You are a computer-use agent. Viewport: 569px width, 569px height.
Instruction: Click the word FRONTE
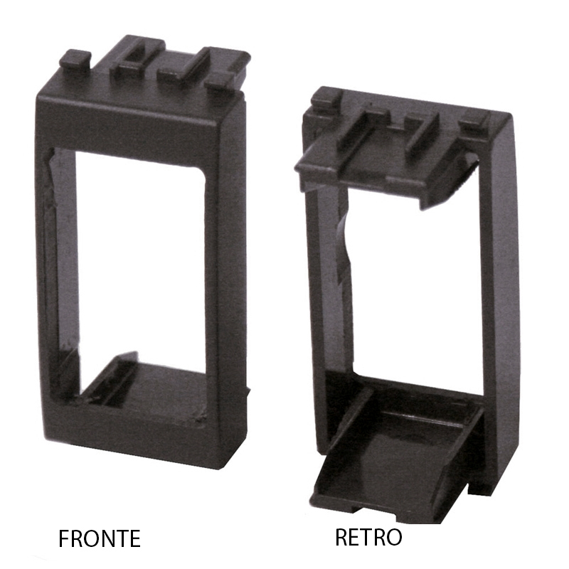click(100, 538)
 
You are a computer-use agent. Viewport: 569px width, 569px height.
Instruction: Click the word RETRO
click(368, 537)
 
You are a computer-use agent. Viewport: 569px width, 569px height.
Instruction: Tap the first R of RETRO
click(341, 537)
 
